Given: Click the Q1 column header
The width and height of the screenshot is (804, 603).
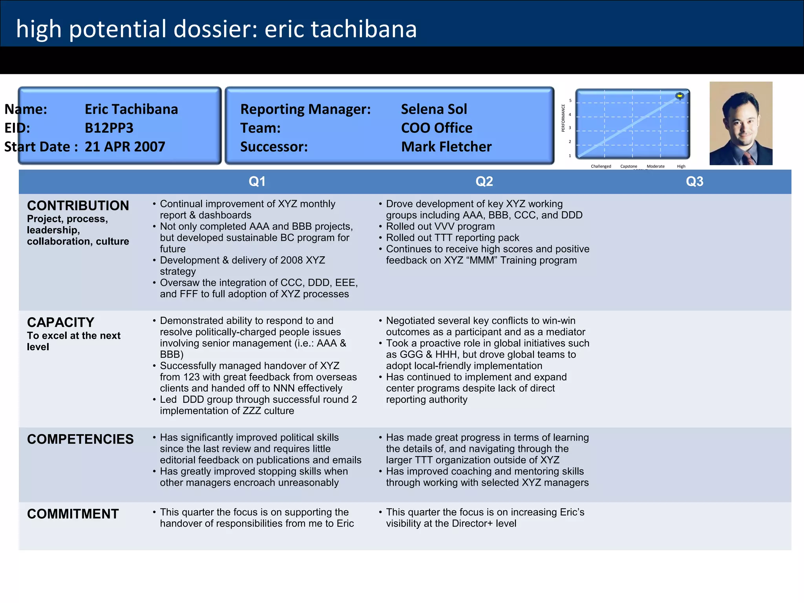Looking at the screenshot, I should click(257, 181).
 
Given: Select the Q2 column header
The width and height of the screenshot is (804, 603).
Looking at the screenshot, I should click(484, 181).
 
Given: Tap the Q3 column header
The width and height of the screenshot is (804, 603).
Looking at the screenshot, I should click(694, 181).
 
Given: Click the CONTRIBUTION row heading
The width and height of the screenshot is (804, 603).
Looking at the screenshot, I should click(78, 205).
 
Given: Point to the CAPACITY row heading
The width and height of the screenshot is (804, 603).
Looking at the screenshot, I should click(60, 322).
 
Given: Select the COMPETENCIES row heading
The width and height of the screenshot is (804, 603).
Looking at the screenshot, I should click(80, 439).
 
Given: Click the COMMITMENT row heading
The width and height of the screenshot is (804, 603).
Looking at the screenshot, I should click(73, 514).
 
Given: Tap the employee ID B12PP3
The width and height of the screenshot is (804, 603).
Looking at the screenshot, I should click(109, 128).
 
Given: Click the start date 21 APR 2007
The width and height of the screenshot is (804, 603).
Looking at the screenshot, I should click(125, 147).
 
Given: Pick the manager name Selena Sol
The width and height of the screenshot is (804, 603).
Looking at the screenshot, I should click(434, 109).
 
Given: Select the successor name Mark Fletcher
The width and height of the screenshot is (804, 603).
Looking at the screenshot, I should click(446, 147).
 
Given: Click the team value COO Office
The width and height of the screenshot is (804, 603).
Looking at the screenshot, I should click(437, 128).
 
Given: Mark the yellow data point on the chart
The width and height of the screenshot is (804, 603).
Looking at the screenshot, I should click(680, 96).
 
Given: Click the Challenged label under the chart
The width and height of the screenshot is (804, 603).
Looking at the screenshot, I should click(601, 166).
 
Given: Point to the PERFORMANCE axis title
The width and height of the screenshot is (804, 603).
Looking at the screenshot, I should click(563, 118).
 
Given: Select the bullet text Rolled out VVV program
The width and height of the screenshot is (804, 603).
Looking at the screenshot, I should click(440, 227).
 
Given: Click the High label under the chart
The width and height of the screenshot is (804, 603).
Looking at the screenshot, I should click(681, 166).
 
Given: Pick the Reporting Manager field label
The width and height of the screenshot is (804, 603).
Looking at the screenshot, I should click(305, 109).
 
